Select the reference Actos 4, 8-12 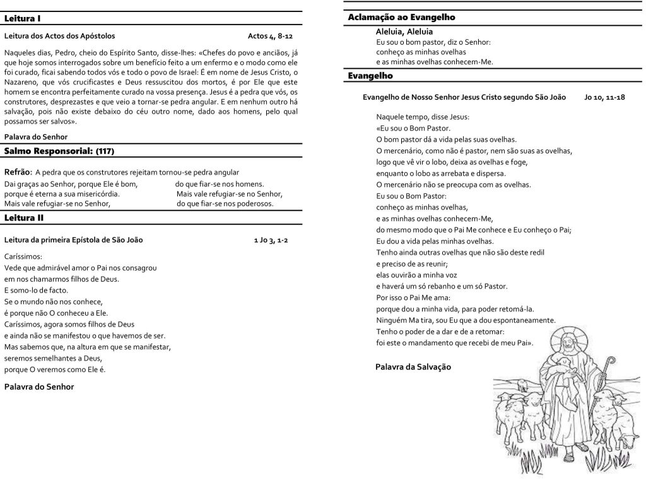click(270, 36)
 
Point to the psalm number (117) click(105, 151)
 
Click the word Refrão click(18, 172)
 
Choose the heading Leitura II click(24, 218)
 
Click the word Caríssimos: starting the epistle click(23, 257)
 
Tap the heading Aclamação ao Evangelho click(401, 17)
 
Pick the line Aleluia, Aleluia click(404, 31)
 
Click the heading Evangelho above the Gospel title click(370, 76)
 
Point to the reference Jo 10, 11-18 click(604, 98)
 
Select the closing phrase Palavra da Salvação click(413, 366)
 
